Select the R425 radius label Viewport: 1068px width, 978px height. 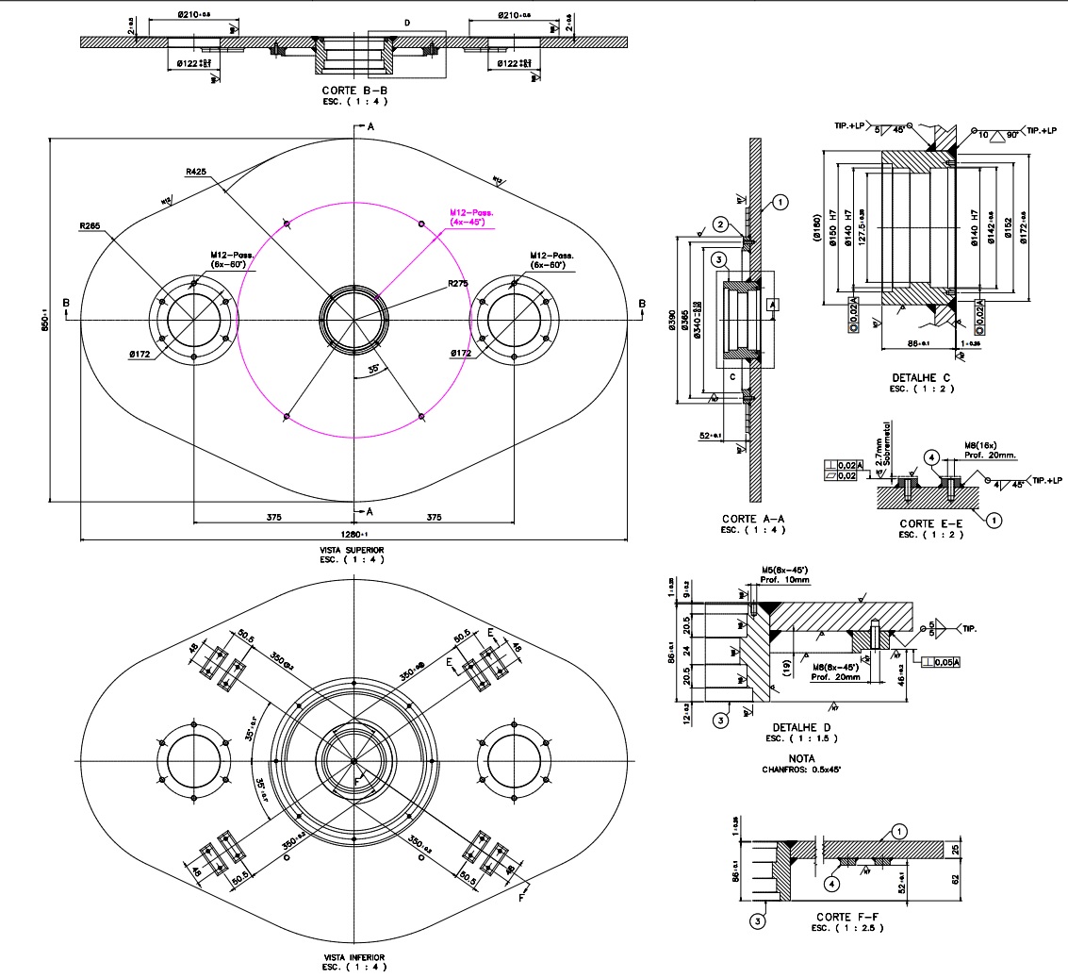click(x=196, y=172)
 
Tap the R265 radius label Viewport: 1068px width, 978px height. click(x=90, y=226)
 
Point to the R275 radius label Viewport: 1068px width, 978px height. click(x=458, y=283)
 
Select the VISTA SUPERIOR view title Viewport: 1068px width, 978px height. click(x=352, y=549)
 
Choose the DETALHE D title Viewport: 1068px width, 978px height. click(x=801, y=728)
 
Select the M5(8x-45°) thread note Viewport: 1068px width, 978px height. click(x=785, y=570)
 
